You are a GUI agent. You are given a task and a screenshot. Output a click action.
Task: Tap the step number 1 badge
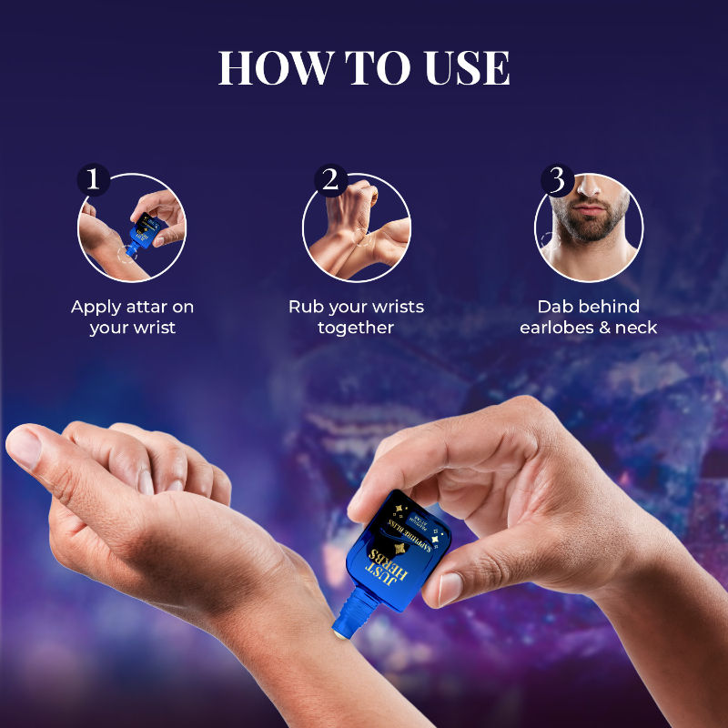coord(92,178)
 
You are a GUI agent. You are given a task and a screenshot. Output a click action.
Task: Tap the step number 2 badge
coord(329,178)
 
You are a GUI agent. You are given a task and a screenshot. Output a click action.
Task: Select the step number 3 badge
coord(556,178)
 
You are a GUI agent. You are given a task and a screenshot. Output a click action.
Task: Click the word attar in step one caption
coord(147,307)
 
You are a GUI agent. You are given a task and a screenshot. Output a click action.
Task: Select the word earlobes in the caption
coord(560,328)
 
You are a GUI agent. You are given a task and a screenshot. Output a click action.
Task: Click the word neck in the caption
coord(637,328)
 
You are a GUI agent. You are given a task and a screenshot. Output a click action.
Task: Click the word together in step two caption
coord(356,328)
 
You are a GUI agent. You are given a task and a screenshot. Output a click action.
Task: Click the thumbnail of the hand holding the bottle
coord(452,588)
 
